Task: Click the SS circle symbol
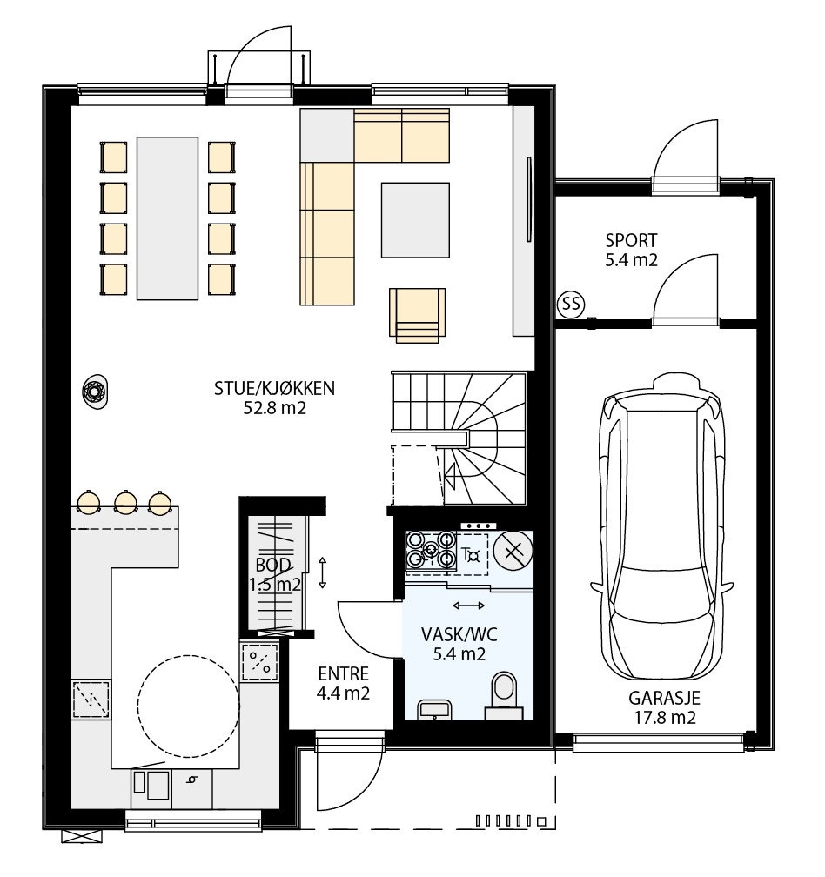tap(571, 304)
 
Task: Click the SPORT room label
tap(631, 240)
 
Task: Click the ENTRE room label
tap(343, 674)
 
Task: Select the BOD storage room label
tap(273, 565)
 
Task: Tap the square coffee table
tap(415, 219)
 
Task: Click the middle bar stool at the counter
tap(125, 502)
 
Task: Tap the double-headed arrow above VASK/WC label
tap(469, 604)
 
